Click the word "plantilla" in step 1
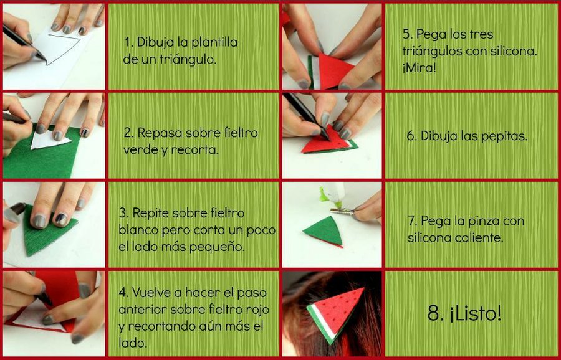click(x=214, y=43)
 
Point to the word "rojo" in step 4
click(x=256, y=310)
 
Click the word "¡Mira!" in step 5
click(x=420, y=68)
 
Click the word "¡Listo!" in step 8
click(x=476, y=313)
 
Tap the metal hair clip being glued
click(x=342, y=211)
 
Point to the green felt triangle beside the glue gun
click(x=324, y=230)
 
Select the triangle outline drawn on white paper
click(x=61, y=49)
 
